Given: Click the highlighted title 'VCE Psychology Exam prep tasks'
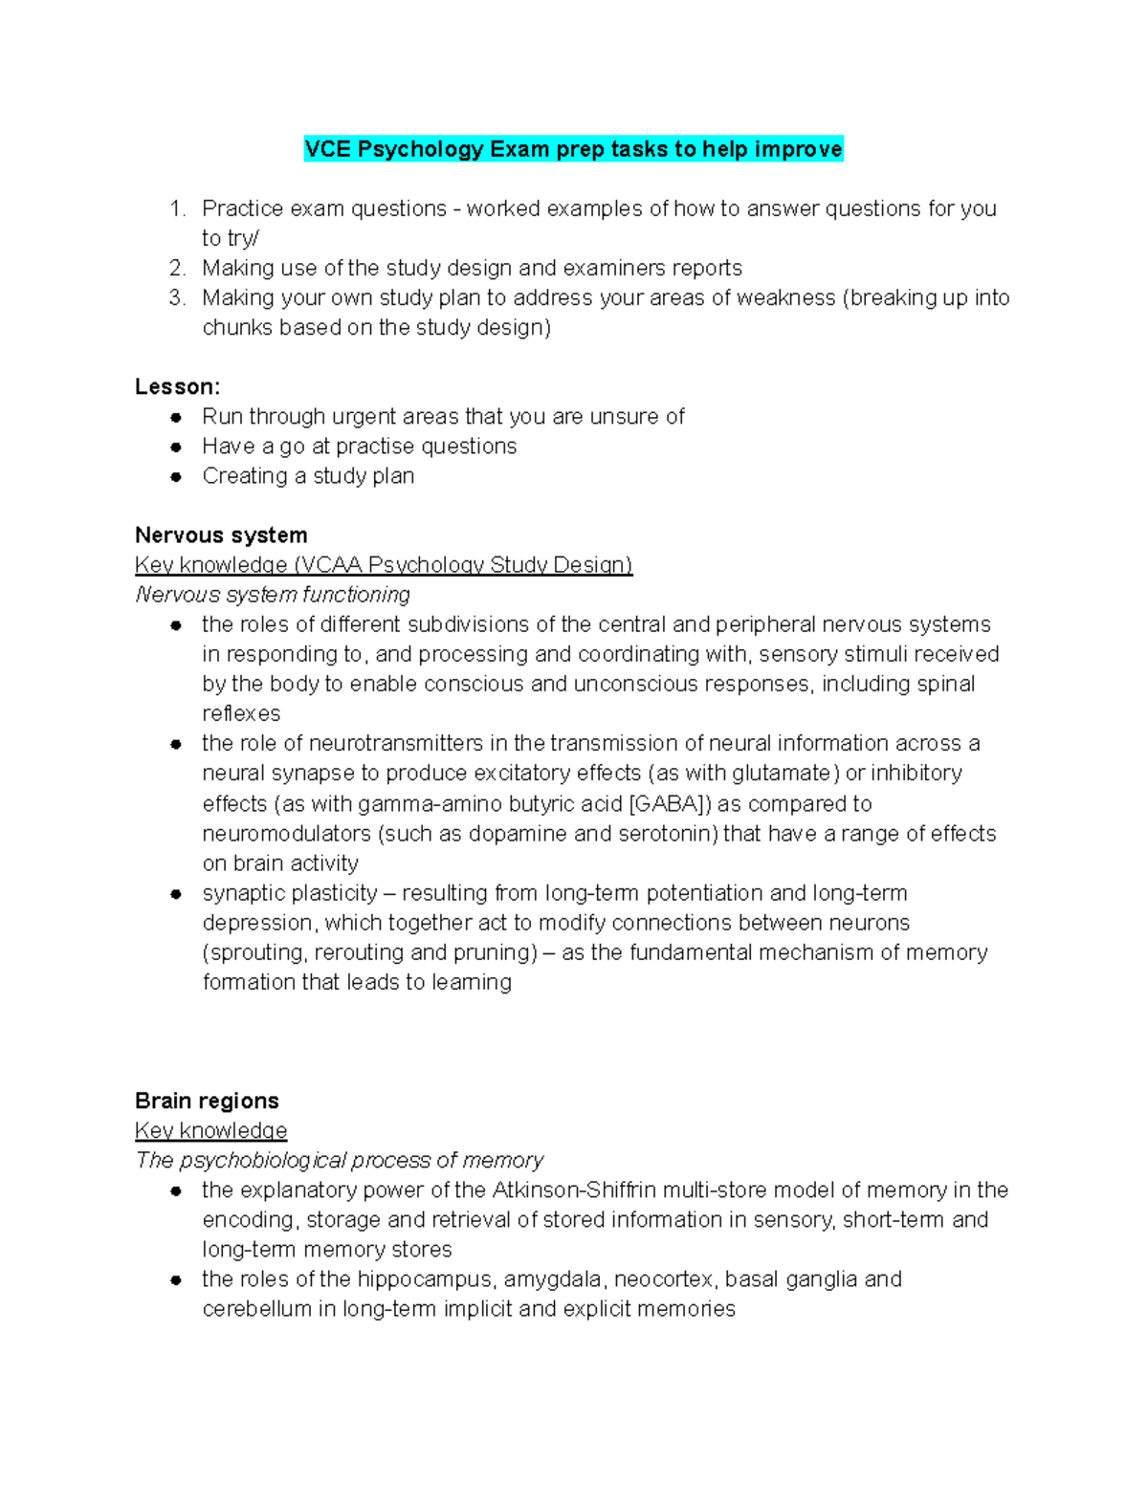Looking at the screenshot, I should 573,149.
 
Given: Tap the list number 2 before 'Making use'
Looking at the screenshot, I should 176,268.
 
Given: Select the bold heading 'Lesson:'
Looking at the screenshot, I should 177,386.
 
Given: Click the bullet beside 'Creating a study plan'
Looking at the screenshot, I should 176,476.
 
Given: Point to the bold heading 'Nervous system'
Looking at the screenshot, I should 221,535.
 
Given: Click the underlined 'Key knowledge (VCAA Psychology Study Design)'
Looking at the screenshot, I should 383,564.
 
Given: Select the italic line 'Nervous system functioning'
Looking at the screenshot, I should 273,595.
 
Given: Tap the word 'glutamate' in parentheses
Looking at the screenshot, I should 783,773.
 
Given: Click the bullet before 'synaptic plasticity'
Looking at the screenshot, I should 176,894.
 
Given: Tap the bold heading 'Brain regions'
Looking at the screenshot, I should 207,1101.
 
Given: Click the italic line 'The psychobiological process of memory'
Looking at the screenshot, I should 340,1160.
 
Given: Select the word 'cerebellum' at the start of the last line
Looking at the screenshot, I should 255,1309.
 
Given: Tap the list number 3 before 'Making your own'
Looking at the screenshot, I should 176,297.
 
